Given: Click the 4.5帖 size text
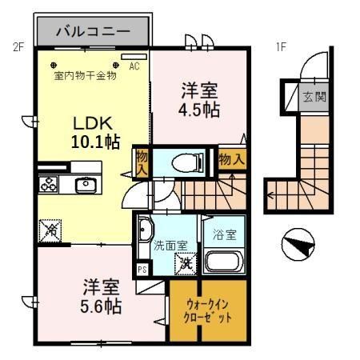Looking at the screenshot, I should pos(198,111).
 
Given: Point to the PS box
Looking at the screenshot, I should pos(142,269).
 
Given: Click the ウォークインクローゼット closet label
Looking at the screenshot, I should pos(210,310).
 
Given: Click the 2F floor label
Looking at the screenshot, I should pos(18,46).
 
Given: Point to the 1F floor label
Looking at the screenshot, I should pos(282,46).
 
